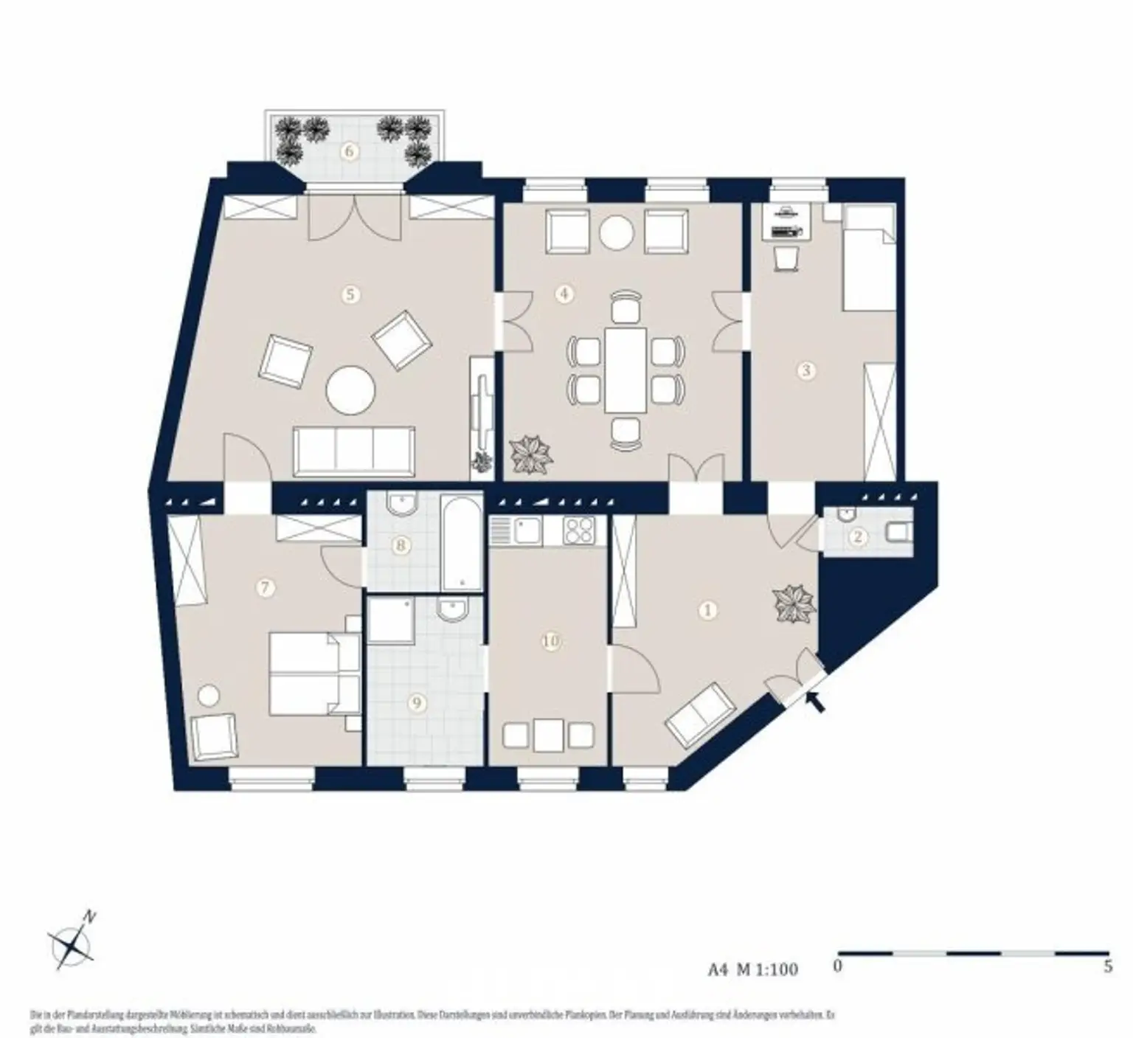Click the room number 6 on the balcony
click(x=351, y=152)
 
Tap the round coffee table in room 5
click(x=352, y=390)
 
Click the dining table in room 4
click(x=626, y=370)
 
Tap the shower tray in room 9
click(x=391, y=621)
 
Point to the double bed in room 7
click(x=313, y=672)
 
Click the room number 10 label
click(x=550, y=641)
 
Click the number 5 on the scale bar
click(x=1107, y=966)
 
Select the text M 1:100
click(x=767, y=969)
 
